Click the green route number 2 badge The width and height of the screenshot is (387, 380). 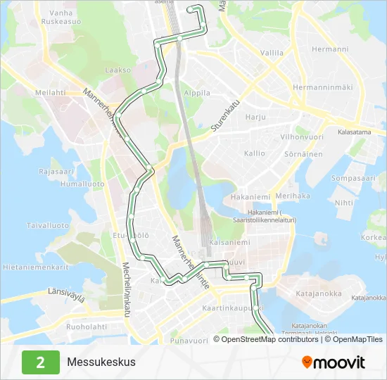pos(40,362)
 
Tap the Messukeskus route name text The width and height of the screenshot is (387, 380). pos(101,362)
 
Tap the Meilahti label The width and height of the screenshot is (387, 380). pos(50,92)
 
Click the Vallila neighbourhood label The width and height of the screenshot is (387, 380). pos(272,53)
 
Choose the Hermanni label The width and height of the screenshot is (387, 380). pos(330,49)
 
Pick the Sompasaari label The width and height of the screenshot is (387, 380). pos(354,179)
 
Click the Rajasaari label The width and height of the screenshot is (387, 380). pos(56,171)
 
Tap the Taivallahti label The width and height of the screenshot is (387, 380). pos(48,226)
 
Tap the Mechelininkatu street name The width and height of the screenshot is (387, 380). pos(127,289)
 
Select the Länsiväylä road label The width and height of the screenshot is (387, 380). pos(66,293)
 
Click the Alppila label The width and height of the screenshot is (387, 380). pos(196,93)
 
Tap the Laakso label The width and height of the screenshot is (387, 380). pos(118,70)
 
